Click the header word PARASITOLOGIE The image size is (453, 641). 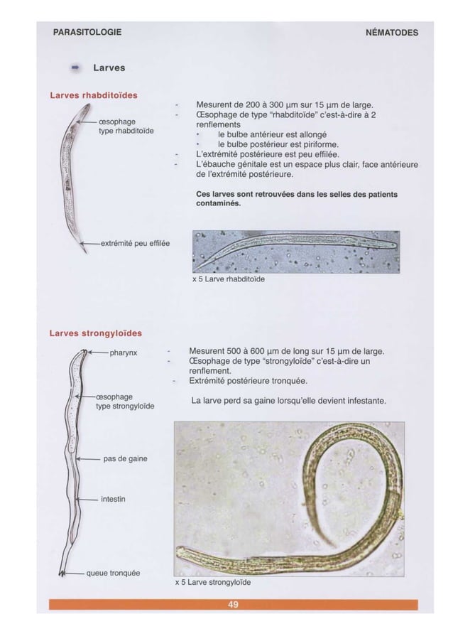click(x=87, y=32)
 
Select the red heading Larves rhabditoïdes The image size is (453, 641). click(x=93, y=95)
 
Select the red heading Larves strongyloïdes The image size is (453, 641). click(x=95, y=333)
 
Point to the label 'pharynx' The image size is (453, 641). click(x=122, y=352)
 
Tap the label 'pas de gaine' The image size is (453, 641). click(x=125, y=458)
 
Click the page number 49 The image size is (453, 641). click(x=233, y=604)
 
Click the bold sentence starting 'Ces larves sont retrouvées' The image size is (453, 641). click(x=296, y=198)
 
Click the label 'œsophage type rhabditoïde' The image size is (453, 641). click(x=128, y=126)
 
